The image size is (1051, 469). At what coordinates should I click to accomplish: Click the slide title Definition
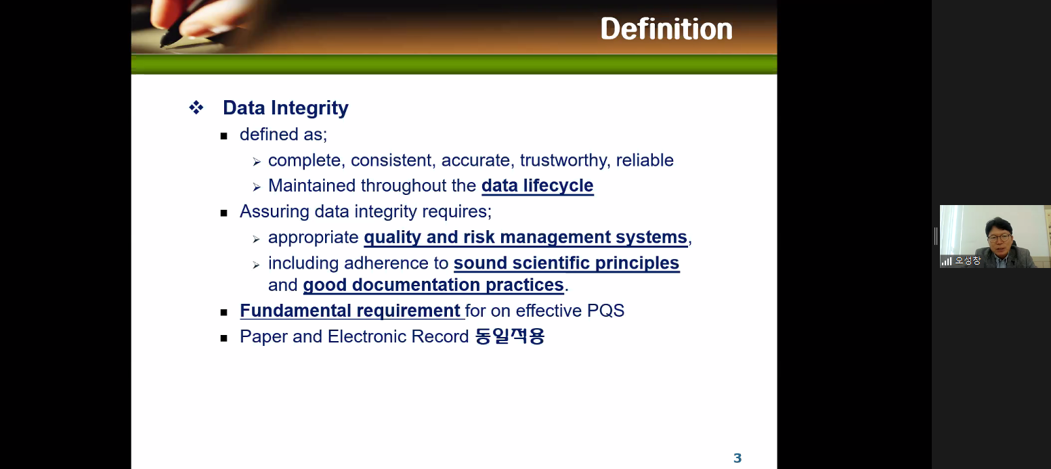[666, 29]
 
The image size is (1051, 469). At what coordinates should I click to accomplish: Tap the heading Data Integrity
[285, 108]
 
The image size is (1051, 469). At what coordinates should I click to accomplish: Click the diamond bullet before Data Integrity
[196, 108]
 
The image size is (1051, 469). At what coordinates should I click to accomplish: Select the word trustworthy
[565, 160]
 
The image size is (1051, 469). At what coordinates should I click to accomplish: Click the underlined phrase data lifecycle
[537, 185]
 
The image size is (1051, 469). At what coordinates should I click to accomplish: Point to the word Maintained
[312, 185]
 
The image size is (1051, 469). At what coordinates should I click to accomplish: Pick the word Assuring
[274, 212]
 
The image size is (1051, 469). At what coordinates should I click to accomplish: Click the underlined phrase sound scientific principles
[566, 263]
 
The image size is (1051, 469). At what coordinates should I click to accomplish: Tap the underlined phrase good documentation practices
[433, 285]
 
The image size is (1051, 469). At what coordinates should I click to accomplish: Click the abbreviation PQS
[605, 311]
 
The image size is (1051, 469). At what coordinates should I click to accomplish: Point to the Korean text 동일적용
[509, 336]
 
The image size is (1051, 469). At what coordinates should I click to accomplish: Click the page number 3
[737, 457]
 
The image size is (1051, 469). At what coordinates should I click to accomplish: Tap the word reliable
[645, 160]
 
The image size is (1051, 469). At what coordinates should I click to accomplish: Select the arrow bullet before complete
[256, 162]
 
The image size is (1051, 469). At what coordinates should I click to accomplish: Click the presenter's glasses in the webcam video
[999, 238]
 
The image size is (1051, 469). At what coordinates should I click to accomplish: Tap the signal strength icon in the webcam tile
[947, 261]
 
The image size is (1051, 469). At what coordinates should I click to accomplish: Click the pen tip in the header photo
[163, 45]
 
